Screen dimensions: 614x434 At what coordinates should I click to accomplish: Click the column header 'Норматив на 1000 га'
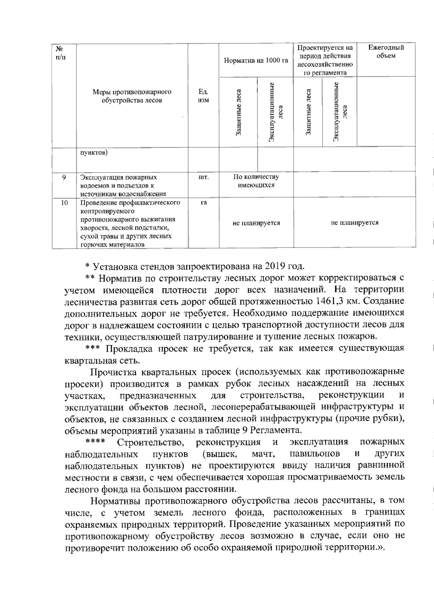tap(256, 60)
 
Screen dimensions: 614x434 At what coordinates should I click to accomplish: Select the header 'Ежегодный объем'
tap(386, 52)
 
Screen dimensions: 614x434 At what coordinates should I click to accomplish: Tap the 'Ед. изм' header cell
tap(203, 96)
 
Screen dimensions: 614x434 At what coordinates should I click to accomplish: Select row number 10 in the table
tap(64, 203)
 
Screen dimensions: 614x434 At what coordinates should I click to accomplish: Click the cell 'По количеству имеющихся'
tap(256, 181)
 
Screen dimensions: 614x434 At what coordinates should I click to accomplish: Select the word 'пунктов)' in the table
tap(94, 153)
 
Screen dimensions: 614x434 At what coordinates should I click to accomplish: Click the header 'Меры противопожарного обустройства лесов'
tap(132, 96)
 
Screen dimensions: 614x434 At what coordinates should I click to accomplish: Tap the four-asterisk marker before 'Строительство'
tap(95, 442)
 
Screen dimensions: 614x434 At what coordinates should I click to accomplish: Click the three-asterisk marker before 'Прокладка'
tap(93, 348)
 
